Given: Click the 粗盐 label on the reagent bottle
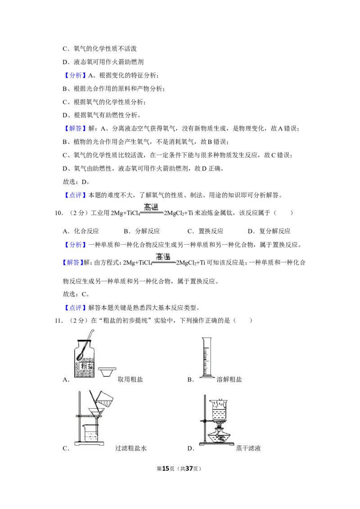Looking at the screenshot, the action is pos(87,366).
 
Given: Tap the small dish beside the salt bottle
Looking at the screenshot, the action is pos(107,372).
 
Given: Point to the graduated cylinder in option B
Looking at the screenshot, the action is pos(207,357).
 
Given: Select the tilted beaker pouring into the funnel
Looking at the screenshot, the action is pos(104,399).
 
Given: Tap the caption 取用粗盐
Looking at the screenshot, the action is pos(130,380).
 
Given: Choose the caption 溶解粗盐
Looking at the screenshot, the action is pos(229,380).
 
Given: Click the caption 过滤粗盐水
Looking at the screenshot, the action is pos(131,448).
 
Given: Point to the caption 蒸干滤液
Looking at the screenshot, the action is pos(248,448).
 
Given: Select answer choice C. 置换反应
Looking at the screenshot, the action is pos(205,231).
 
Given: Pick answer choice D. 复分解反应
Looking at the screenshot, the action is pos(269,231).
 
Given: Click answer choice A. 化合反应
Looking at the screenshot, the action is pos(81,231).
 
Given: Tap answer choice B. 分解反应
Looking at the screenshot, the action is pos(142,231).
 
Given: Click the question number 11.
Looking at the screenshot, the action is pos(58,321).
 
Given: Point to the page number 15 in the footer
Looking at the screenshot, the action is pos(166,469).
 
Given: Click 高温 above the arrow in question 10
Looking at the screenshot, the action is pos(151,207).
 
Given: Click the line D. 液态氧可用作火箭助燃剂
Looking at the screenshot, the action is pos(103,62).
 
